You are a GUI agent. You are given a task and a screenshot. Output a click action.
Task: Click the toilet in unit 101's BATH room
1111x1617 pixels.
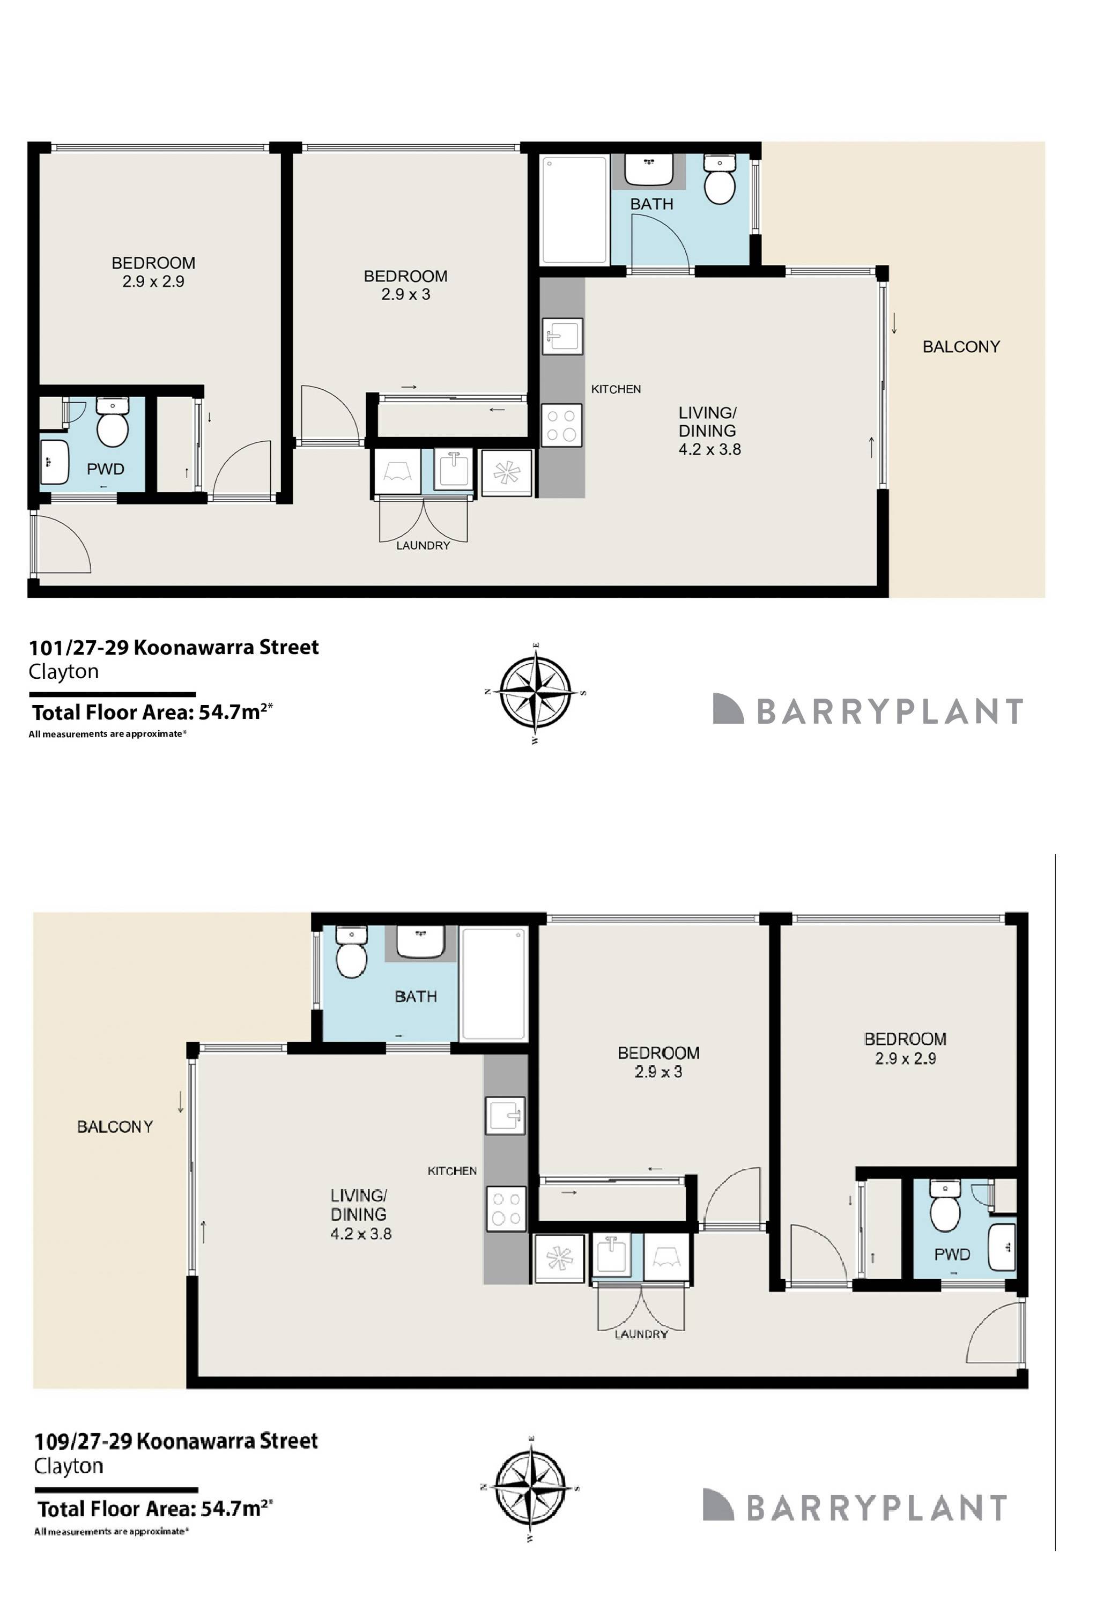click(x=719, y=180)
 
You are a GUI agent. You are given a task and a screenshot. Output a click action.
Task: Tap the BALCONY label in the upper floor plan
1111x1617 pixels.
click(x=961, y=347)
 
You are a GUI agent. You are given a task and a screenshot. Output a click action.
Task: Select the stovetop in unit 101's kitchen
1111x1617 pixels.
click(x=561, y=425)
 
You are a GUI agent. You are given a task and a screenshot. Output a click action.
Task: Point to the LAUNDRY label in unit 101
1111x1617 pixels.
click(x=423, y=546)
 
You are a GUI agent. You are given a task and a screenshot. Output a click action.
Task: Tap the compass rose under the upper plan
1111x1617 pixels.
click(x=535, y=693)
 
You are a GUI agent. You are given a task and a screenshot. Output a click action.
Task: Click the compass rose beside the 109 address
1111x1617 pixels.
click(x=530, y=1488)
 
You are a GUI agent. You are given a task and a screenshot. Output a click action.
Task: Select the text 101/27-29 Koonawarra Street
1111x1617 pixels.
click(x=173, y=647)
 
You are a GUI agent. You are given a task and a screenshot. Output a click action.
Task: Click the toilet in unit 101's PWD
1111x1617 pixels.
click(x=112, y=423)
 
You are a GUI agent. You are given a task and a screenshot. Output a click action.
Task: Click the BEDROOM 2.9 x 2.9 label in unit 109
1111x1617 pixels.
click(x=905, y=1048)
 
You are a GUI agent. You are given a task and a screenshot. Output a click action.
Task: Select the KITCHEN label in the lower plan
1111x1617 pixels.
click(x=452, y=1171)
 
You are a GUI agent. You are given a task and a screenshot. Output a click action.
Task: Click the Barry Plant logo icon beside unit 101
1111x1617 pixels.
click(x=728, y=709)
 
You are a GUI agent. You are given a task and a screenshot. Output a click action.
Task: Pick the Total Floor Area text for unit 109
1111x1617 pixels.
click(x=153, y=1509)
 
